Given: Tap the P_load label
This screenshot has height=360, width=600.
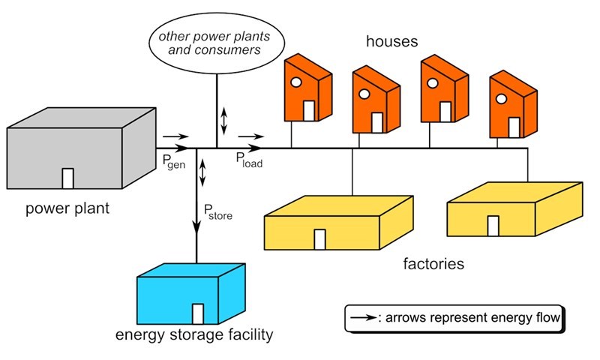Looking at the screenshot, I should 249,158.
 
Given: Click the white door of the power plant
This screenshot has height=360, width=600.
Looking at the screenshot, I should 67,178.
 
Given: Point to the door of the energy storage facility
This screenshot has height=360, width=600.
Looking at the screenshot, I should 198,313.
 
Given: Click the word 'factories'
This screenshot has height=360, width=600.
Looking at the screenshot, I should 433,263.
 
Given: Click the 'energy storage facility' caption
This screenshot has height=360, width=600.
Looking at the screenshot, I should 193,335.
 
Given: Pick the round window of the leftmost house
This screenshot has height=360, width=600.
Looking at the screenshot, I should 296,82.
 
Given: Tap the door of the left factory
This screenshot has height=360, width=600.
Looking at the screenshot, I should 319,239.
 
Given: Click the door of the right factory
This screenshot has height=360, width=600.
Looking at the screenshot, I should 493,226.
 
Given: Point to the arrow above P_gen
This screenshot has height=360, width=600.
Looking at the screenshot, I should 172,137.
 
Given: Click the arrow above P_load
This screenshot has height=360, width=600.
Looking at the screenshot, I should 250,137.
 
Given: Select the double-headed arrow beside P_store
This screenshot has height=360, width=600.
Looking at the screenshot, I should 202,172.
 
